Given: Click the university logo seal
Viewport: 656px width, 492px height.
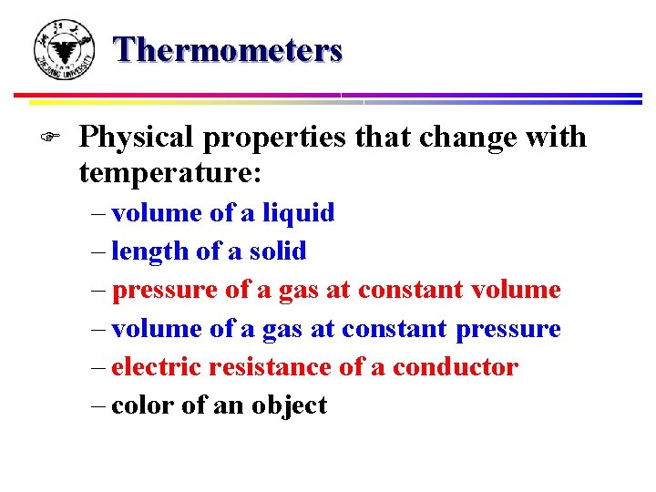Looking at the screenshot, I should pyautogui.click(x=63, y=50).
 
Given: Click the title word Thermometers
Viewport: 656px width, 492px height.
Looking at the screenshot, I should pyautogui.click(x=229, y=49).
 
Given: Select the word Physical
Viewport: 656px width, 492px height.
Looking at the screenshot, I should pyautogui.click(x=137, y=138).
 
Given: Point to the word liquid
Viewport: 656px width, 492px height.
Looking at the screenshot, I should pyautogui.click(x=298, y=213).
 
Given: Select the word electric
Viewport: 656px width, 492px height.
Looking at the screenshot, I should pyautogui.click(x=156, y=367).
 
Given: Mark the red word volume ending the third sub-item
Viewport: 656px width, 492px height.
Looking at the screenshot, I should pyautogui.click(x=516, y=291).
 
